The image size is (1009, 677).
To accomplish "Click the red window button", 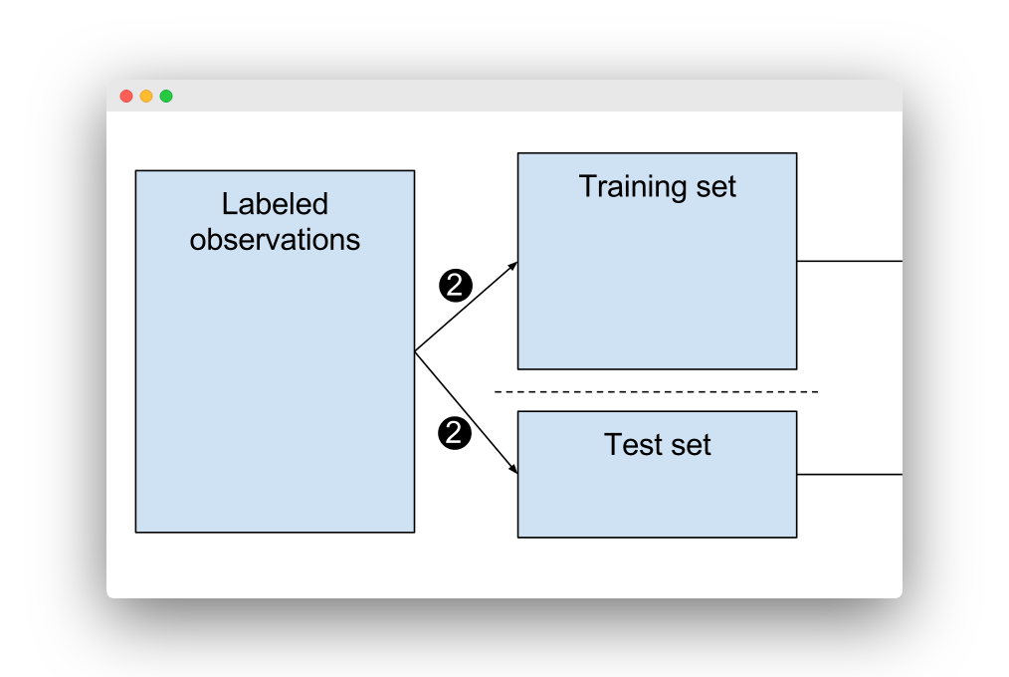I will [126, 97].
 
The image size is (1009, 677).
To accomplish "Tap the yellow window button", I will [146, 97].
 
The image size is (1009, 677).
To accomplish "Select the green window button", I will [166, 97].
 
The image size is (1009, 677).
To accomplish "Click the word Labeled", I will [275, 204].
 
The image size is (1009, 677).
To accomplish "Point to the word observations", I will [275, 240].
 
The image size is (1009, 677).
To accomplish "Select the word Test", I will [634, 444].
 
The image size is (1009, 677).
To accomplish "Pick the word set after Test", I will [692, 444].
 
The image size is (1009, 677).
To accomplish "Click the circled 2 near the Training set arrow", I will [455, 286].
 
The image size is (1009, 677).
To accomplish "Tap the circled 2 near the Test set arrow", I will [455, 433].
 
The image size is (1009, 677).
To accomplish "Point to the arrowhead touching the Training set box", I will [513, 265].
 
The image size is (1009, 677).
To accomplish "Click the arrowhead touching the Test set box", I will [513, 470].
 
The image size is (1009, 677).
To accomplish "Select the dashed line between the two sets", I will [657, 391].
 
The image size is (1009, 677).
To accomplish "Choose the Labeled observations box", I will [275, 398].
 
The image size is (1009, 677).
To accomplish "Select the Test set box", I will [657, 498].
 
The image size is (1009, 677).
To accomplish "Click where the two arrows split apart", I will [416, 351].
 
